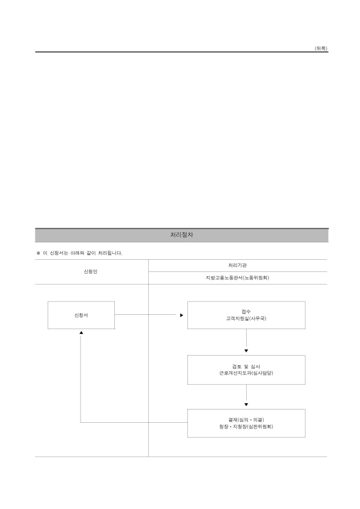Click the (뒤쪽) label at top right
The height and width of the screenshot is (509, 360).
pyautogui.click(x=321, y=48)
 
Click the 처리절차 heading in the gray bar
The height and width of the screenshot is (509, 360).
pyautogui.click(x=182, y=235)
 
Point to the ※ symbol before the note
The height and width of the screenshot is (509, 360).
pyautogui.click(x=38, y=253)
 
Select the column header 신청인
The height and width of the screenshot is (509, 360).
pyautogui.click(x=91, y=271)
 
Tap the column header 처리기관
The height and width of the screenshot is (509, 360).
pyautogui.click(x=237, y=265)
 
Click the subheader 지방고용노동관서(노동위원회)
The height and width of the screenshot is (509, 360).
pyautogui.click(x=237, y=277)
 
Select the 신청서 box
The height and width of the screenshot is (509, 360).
pyautogui.click(x=81, y=315)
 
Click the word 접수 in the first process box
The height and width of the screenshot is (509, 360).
pyautogui.click(x=246, y=312)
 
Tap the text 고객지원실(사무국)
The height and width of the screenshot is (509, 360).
pyautogui.click(x=246, y=319)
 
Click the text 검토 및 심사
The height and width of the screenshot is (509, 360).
pyautogui.click(x=246, y=366)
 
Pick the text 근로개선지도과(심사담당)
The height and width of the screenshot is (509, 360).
pyautogui.click(x=246, y=372)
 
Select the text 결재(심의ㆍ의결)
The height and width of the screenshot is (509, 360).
pyautogui.click(x=246, y=420)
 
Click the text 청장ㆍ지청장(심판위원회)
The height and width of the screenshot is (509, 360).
pyautogui.click(x=246, y=426)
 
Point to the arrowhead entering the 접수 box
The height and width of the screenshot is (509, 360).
pyautogui.click(x=181, y=315)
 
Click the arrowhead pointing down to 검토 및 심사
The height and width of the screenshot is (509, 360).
pyautogui.click(x=246, y=351)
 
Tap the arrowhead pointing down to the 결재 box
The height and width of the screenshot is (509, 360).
pyautogui.click(x=246, y=405)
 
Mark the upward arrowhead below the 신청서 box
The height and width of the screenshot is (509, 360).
pyautogui.click(x=81, y=332)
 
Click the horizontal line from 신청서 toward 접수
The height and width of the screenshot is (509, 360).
pyautogui.click(x=146, y=315)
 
